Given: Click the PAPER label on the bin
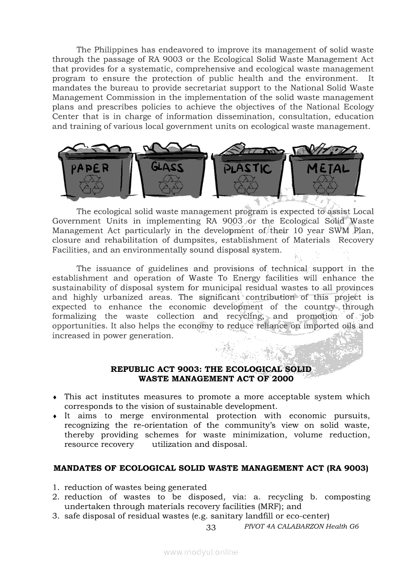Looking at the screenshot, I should coord(91,169).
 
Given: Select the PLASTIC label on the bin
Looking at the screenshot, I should coord(247,169).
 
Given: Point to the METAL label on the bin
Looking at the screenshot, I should coord(328,168).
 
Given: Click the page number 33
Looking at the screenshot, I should coord(211,528).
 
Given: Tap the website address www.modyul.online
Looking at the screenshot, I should coord(201,552).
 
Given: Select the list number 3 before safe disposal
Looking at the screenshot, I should coord(55,516).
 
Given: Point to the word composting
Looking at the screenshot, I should coord(347,497).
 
